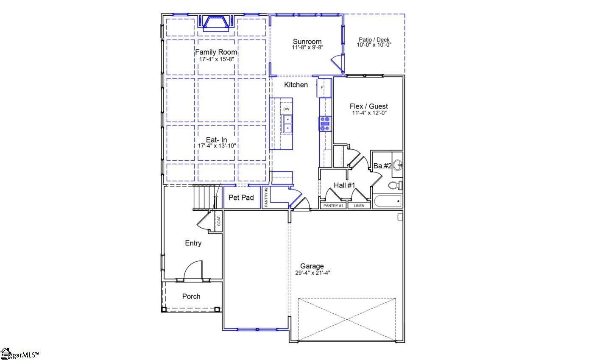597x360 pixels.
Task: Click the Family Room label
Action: coord(216,52)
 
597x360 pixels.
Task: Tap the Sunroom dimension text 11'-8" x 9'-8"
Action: coord(307,48)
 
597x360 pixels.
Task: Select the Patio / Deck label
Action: coord(374,40)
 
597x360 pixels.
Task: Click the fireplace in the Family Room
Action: coord(216,23)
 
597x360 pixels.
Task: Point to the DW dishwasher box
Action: coord(286,109)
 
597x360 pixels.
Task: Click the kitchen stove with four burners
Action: coord(325,123)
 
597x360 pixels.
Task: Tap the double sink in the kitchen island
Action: coord(287,123)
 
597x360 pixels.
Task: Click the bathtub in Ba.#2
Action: coord(387,201)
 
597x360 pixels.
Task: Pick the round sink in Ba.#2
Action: coord(397,165)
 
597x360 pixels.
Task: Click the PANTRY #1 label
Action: coord(333,206)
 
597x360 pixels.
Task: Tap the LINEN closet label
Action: coord(359,206)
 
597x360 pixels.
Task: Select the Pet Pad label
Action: coord(241,198)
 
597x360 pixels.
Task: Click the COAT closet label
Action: coord(219,221)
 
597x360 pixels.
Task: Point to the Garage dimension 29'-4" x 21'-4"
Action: coord(312,273)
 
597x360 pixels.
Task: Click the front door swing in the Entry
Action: coord(193,271)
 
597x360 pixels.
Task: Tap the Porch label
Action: coord(191,296)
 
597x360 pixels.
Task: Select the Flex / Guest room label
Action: coord(368,106)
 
